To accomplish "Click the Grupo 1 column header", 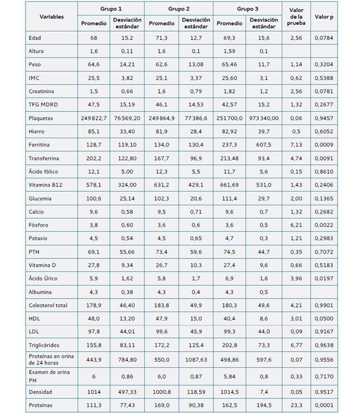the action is pos(111,9).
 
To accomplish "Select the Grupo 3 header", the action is pos(247,9).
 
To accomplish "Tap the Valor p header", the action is pos(324,17).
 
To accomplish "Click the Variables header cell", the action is pos(52,17).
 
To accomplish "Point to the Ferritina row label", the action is pos(39,145).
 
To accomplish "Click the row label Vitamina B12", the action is pos(45,184).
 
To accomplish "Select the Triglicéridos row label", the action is pos(44,345).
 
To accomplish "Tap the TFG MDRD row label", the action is pos(43,105).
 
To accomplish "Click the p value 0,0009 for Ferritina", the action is pos(324,145).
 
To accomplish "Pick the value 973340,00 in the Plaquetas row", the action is pos(264,118).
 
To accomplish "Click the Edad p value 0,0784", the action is pos(324,38).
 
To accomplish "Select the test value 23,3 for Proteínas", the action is pos(296,405).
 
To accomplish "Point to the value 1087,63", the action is pos(196,360).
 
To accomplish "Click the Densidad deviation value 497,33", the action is pos(127,392).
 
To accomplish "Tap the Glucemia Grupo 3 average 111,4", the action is pos(229,198).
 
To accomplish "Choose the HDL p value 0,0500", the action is pos(324,319).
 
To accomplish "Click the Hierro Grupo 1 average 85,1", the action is pos(94,131).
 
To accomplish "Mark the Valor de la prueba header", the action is pos(296,17).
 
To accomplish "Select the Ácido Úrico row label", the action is pos(43,278).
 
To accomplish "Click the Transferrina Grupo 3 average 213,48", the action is pos(229,158).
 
